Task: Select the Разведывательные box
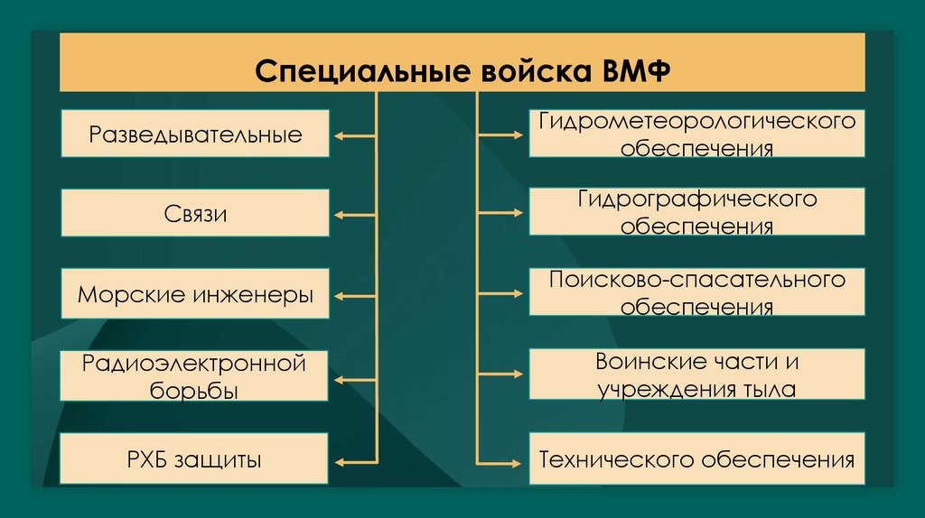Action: point(195,135)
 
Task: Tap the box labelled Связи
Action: point(195,214)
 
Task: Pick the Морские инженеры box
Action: point(195,295)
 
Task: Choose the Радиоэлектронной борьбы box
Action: point(195,377)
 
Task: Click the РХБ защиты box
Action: point(195,460)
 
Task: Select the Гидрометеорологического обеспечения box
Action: point(696,134)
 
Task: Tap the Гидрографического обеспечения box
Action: point(696,212)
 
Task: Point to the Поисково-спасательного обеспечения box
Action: point(696,292)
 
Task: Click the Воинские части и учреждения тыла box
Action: point(696,375)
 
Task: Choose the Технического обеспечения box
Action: point(696,460)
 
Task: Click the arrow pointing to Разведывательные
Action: point(353,136)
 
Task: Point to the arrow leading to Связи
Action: point(353,215)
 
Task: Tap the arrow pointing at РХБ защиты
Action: point(353,461)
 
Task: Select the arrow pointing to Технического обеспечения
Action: point(500,461)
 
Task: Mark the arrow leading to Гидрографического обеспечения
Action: point(500,214)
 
